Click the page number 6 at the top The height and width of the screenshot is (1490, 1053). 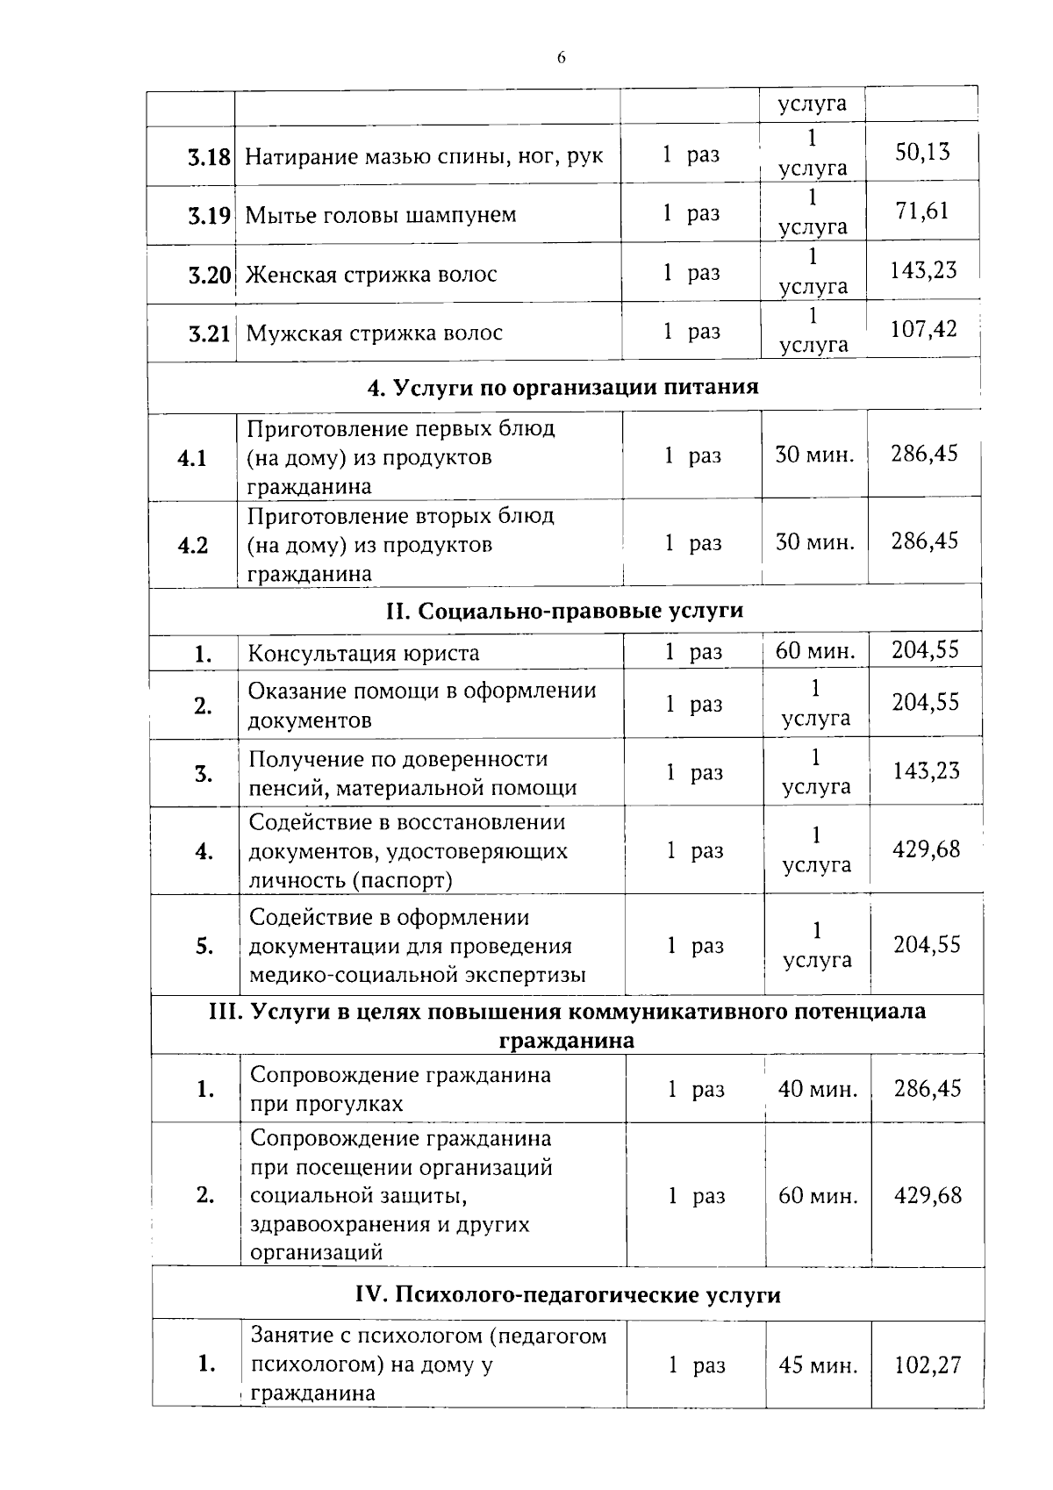[561, 58]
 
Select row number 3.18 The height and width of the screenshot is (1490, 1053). [209, 158]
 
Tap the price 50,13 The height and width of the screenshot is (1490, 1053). [922, 152]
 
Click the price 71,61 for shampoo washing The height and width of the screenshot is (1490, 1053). [922, 211]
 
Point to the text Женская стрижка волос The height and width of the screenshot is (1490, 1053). [371, 275]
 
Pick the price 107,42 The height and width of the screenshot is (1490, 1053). [924, 329]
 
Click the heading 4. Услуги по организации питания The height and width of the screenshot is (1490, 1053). [562, 387]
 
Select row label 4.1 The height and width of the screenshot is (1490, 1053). [192, 458]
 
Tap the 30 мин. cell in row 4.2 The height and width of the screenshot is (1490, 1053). [814, 541]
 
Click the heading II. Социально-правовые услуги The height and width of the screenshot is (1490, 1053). [564, 610]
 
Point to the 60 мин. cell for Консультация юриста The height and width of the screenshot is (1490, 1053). [815, 651]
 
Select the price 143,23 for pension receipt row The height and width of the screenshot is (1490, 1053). [927, 771]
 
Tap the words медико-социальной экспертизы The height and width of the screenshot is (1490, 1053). [418, 975]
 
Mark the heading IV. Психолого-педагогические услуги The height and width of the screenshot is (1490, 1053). [568, 1295]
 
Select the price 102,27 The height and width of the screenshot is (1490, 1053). [928, 1365]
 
